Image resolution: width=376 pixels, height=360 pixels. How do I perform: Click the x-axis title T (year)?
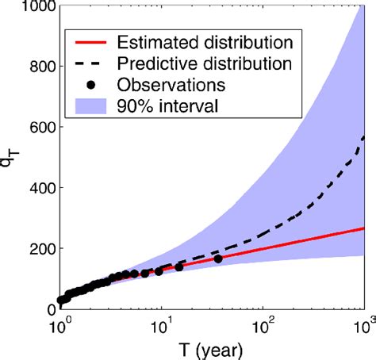click(211, 348)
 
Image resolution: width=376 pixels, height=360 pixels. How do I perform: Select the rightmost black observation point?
click(218, 259)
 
